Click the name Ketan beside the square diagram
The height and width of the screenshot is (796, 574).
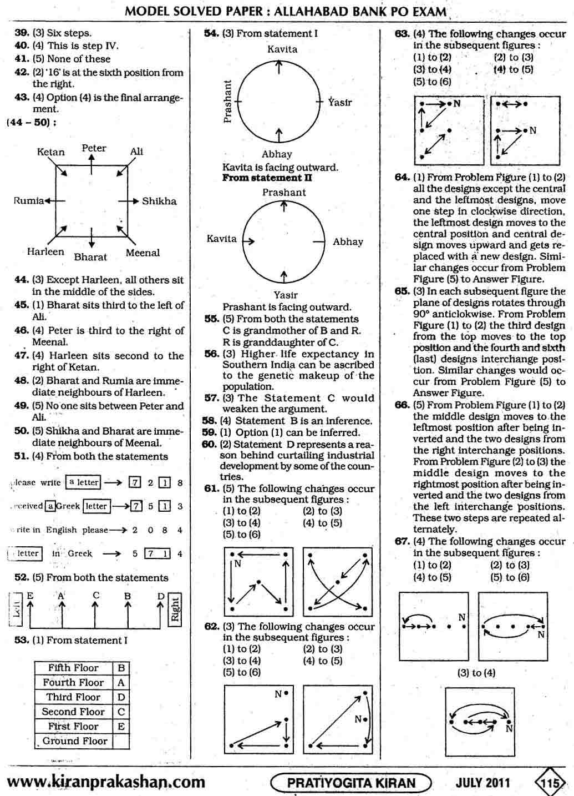point(50,152)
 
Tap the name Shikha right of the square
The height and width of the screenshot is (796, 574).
point(159,201)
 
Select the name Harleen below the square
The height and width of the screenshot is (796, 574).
point(45,251)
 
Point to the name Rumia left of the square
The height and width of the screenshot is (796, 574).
point(28,200)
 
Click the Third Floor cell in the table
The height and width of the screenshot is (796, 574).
point(73,697)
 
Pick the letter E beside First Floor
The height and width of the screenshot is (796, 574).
point(121,726)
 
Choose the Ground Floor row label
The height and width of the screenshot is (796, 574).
point(75,741)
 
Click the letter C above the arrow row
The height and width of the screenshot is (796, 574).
point(96,595)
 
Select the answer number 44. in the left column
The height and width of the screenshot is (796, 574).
point(22,280)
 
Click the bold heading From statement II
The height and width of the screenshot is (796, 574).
point(267,178)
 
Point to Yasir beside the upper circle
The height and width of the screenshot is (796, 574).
point(339,102)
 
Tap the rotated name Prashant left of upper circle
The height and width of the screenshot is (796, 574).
point(227,101)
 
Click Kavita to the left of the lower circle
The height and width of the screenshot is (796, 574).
point(221,239)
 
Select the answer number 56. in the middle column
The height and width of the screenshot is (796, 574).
point(211,354)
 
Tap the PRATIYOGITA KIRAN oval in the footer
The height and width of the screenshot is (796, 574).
point(351,783)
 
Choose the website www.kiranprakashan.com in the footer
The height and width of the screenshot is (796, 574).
point(106,782)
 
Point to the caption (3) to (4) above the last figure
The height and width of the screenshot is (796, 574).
point(476,673)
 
